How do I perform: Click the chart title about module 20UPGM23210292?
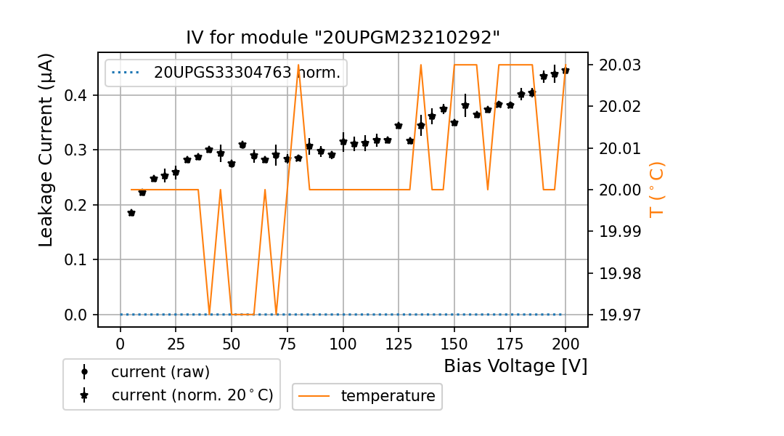point(343,38)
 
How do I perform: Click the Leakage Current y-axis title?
point(46,150)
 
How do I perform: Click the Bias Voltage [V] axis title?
point(515,366)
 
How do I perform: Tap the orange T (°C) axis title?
point(657,189)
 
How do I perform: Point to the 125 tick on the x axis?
point(398,343)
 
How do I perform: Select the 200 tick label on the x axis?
point(565,343)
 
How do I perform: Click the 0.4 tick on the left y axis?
point(77,95)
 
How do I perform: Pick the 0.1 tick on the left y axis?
point(77,259)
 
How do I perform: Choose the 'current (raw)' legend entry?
point(160,372)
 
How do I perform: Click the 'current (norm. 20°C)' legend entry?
point(192,395)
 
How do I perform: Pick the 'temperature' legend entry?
point(388,396)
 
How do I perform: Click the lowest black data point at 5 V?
point(131,213)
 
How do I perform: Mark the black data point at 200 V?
point(565,70)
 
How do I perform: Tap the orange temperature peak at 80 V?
point(298,65)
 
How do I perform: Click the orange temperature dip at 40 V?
point(209,314)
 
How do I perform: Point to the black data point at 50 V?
point(232,164)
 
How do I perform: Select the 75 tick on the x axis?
point(287,343)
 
